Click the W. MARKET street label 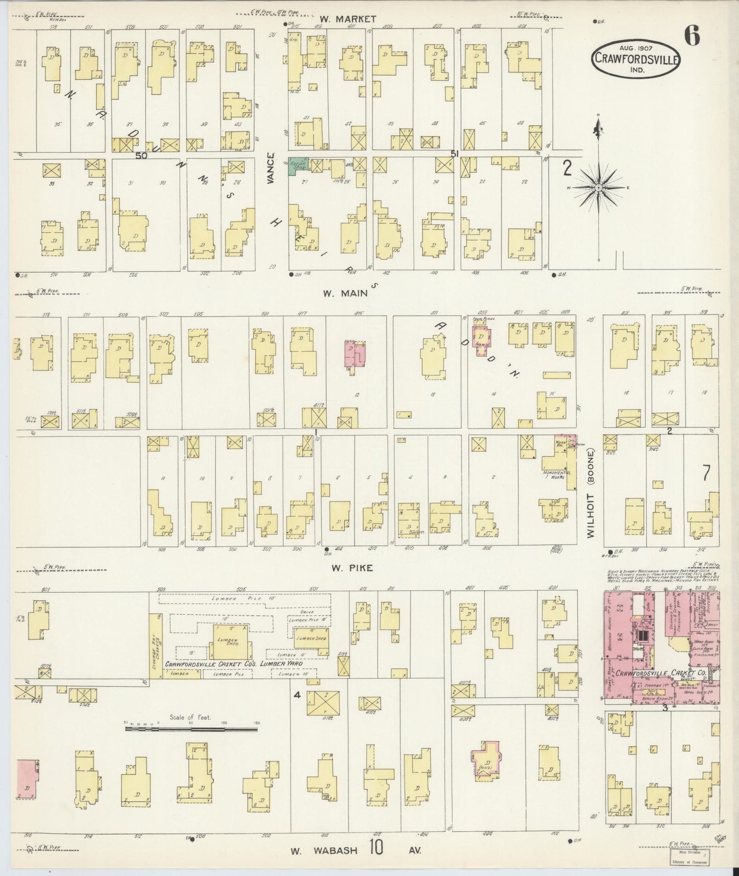(x=349, y=19)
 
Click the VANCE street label (x=271, y=169)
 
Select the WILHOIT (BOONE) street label (x=591, y=493)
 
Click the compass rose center (x=598, y=188)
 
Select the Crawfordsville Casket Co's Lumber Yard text (x=233, y=664)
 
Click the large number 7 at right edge (x=707, y=474)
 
